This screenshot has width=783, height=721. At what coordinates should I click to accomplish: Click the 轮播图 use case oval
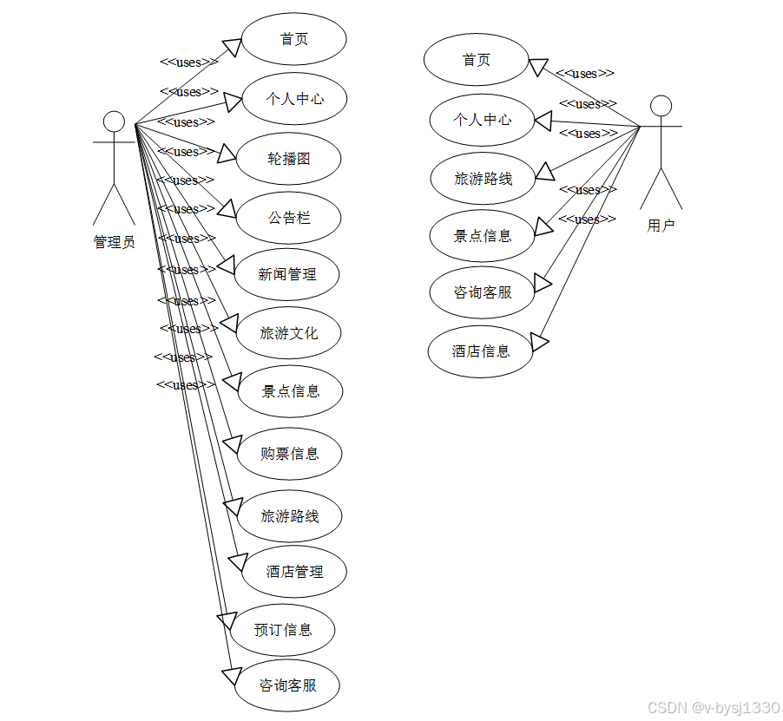click(x=289, y=159)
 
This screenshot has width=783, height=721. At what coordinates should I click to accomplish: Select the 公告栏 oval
click(x=289, y=218)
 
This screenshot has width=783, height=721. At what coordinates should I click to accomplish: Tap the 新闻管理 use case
click(x=287, y=275)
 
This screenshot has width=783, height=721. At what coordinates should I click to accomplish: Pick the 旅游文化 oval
click(x=289, y=333)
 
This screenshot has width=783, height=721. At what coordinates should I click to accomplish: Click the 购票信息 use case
click(x=290, y=454)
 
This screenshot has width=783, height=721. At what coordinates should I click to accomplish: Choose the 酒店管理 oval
click(x=294, y=572)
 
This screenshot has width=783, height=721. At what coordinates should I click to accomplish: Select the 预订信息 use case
click(x=283, y=630)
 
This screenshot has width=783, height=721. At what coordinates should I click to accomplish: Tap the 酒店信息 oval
click(x=481, y=351)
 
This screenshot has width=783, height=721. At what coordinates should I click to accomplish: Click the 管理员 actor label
click(x=114, y=242)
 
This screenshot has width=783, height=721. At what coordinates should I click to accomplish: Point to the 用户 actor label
click(x=661, y=226)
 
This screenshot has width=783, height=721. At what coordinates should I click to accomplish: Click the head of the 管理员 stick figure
click(x=114, y=121)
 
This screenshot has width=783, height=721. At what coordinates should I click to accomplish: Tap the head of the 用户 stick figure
click(x=661, y=106)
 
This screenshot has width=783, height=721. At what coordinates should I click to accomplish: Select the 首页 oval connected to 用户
click(x=476, y=60)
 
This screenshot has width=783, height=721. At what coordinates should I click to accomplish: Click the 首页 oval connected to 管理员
click(x=294, y=39)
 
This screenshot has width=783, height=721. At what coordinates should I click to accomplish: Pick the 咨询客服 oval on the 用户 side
click(x=483, y=293)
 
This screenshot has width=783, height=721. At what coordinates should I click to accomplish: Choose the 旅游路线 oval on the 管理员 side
click(x=290, y=516)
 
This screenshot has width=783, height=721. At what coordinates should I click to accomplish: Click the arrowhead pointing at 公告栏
click(x=227, y=208)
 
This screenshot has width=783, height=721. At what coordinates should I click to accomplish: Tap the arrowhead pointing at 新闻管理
click(x=225, y=265)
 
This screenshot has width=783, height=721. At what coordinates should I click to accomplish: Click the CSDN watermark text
click(x=714, y=708)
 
